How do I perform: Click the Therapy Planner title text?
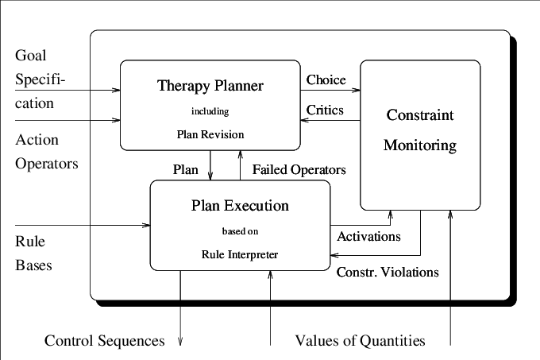210,85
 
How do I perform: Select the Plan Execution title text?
240,206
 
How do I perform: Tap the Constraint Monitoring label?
420,130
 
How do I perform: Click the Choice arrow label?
326,79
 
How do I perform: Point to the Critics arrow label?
325,110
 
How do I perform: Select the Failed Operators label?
299,169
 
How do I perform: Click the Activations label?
368,236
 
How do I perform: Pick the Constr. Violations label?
388,272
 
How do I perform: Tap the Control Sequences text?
104,341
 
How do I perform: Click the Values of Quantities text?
360,341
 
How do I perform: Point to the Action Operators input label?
48,153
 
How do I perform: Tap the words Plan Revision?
210,134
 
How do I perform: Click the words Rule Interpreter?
240,254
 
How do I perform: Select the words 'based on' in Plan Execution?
240,232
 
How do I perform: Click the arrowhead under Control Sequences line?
180,342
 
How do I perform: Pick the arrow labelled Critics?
330,121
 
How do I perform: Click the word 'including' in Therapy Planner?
210,111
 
